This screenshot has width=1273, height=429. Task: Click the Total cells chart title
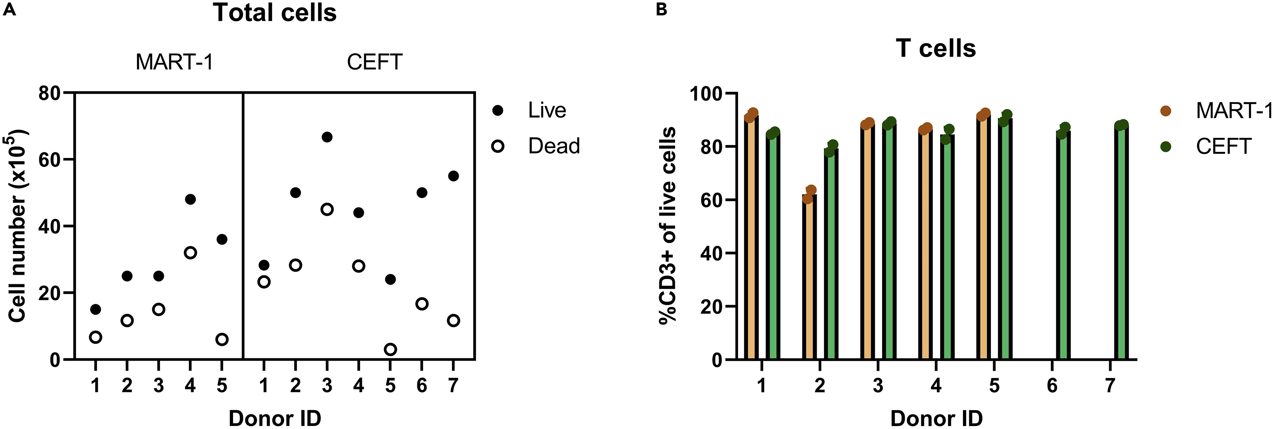point(275,13)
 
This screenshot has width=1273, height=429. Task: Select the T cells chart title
point(935,48)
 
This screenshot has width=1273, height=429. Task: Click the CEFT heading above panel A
point(375,62)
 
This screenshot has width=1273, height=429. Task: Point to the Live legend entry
point(547,110)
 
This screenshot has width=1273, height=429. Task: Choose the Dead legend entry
point(553,146)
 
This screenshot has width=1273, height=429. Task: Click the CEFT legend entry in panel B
point(1223,147)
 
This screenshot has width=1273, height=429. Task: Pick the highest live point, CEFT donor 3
point(327,137)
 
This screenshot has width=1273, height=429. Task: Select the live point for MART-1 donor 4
point(190,199)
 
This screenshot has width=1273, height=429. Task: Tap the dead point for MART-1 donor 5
point(222,339)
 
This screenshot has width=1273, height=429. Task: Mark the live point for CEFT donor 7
point(453,176)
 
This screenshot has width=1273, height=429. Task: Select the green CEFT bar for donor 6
point(1063,247)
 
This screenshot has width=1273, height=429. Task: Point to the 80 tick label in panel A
point(49,93)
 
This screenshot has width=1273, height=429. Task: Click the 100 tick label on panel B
point(706,93)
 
